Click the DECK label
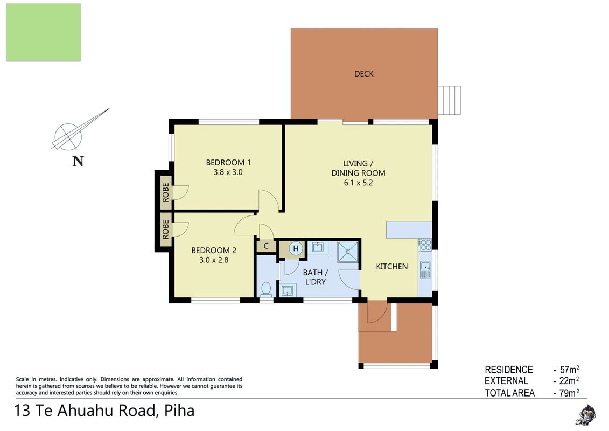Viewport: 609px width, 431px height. tap(364, 74)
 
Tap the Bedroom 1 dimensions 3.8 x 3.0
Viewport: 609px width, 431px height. tap(228, 172)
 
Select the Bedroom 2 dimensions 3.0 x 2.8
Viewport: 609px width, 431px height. tap(214, 260)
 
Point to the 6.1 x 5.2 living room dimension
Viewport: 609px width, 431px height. tap(358, 183)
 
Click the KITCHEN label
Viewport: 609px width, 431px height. tap(392, 266)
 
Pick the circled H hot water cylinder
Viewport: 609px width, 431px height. tap(296, 248)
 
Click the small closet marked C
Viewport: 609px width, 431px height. tap(266, 246)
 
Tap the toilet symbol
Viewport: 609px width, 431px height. tap(266, 289)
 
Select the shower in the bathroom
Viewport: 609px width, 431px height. tap(348, 252)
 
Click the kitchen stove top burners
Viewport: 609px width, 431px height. tap(426, 244)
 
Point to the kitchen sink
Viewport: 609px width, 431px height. tap(426, 270)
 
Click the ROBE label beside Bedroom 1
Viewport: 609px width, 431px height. tap(166, 192)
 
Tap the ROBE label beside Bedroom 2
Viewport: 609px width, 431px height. tap(166, 230)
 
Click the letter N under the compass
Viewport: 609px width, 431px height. tap(78, 161)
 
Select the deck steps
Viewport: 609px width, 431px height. tap(450, 100)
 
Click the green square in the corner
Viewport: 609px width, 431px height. tap(44, 32)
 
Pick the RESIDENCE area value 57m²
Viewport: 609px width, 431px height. tap(569, 369)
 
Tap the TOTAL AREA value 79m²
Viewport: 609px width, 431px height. tap(569, 393)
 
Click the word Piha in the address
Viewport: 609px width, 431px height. tap(179, 411)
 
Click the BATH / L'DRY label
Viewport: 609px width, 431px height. tap(315, 277)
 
